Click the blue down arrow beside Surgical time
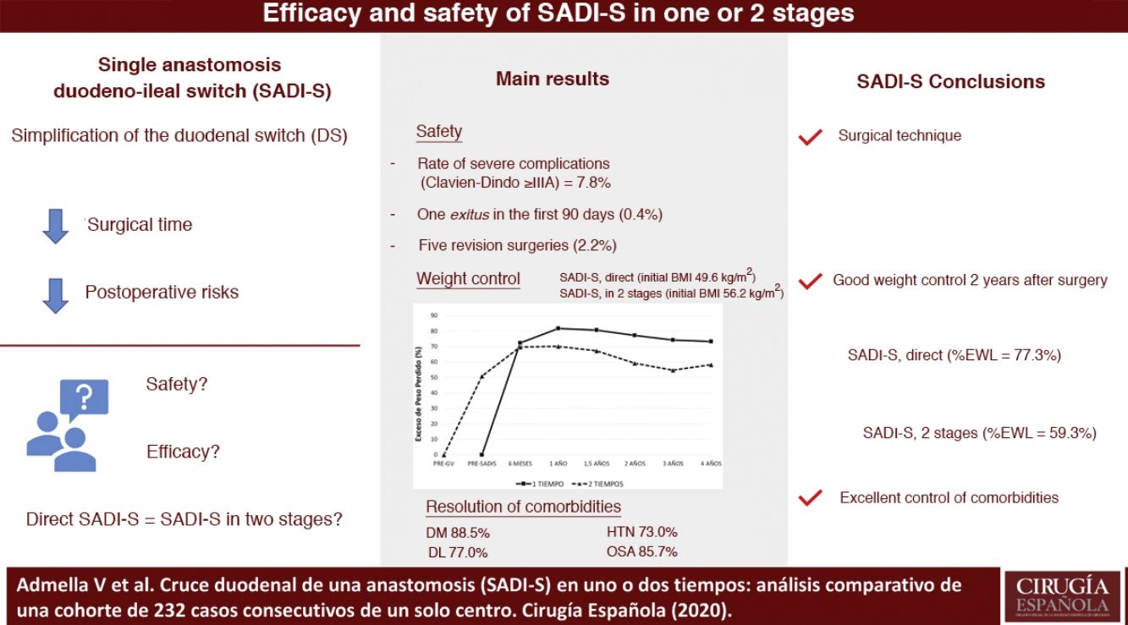[55, 227]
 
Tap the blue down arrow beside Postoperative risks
[55, 294]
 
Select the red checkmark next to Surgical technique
[811, 136]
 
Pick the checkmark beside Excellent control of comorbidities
[811, 498]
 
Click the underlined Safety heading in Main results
[439, 132]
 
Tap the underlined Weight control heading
[468, 279]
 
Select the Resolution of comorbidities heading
[523, 507]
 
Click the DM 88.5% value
[458, 533]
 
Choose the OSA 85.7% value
[641, 552]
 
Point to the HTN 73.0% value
[641, 532]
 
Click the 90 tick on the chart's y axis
[433, 315]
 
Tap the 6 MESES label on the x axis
[520, 463]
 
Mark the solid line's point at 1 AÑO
[558, 328]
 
